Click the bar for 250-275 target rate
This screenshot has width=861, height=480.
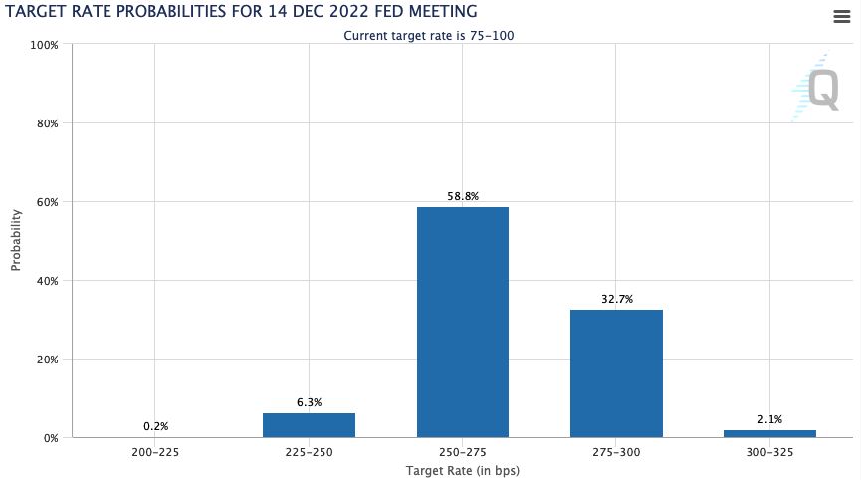coord(463,322)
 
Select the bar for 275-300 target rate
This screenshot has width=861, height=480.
coord(616,373)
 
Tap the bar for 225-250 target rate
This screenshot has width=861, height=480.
coord(309,425)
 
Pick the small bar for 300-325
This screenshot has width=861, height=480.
coord(769,433)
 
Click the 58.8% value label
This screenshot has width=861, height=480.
coord(463,197)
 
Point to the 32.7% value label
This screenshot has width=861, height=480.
coord(616,299)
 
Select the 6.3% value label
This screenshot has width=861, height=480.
coord(309,402)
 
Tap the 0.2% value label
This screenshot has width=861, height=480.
coord(155,426)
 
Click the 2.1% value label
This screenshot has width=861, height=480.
coord(769,419)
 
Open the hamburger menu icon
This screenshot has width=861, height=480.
coord(841,15)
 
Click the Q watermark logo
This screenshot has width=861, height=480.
coord(818,88)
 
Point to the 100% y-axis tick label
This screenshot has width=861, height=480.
coord(45,45)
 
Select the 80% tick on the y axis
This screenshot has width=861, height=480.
coord(47,123)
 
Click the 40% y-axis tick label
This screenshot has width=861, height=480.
coord(47,281)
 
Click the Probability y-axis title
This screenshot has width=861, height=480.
coord(16,241)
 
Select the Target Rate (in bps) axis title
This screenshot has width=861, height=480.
coord(463,470)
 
